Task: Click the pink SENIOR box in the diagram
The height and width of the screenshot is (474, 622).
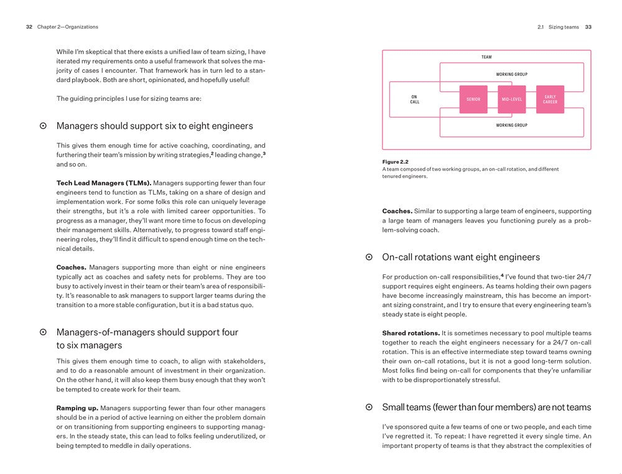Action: [x=473, y=100]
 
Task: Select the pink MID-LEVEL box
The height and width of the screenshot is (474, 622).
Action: [x=511, y=100]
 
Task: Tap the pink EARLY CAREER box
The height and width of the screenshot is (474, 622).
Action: [x=550, y=100]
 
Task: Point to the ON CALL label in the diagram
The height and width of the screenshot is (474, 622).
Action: [x=414, y=100]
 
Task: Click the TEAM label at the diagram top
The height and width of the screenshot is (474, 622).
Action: [x=486, y=57]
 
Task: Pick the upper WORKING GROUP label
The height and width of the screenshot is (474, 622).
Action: [x=511, y=75]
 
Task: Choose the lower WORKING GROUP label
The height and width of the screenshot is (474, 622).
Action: [x=511, y=125]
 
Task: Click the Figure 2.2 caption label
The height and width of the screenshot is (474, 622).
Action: [x=395, y=162]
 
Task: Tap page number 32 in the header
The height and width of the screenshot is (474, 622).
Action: [x=29, y=27]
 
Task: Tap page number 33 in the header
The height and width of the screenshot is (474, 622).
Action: [x=588, y=27]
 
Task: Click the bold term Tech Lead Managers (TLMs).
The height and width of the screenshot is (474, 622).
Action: [x=103, y=183]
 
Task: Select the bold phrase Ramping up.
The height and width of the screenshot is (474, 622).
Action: [x=77, y=408]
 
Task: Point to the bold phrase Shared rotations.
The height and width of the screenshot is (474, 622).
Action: [x=411, y=333]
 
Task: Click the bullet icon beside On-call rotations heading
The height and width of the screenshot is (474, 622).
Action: [x=369, y=257]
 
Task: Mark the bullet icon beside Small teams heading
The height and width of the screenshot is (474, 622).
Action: [x=369, y=407]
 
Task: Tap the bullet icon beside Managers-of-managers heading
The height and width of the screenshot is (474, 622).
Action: [x=43, y=333]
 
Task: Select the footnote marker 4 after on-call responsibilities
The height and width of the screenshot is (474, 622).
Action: [x=502, y=275]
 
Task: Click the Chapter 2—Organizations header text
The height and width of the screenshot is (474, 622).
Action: [x=67, y=27]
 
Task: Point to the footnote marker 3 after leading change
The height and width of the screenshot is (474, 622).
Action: [x=264, y=153]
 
